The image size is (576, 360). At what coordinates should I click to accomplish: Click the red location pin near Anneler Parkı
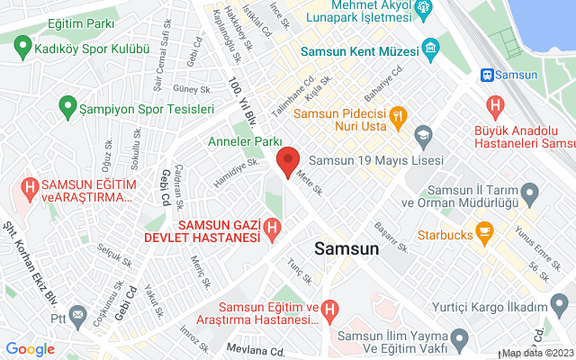pos(287,164)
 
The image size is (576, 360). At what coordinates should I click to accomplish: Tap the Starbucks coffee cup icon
pos(484,234)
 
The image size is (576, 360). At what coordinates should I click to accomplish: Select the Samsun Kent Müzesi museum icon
pos(432,46)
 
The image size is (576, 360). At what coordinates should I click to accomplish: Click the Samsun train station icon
pos(489,76)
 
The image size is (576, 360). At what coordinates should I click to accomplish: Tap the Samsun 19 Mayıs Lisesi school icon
pos(423,136)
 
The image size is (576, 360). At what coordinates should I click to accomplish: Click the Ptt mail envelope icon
pos(78,316)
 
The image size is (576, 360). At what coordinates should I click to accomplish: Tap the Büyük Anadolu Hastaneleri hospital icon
pos(494,106)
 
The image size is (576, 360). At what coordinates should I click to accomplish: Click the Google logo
pos(30,349)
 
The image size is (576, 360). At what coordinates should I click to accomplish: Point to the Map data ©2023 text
pos(537,353)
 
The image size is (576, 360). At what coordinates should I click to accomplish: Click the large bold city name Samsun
pos(346,249)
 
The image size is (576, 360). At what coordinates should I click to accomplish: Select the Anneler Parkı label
pos(245,142)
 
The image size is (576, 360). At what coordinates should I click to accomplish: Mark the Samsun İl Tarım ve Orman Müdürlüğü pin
pos(530,192)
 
